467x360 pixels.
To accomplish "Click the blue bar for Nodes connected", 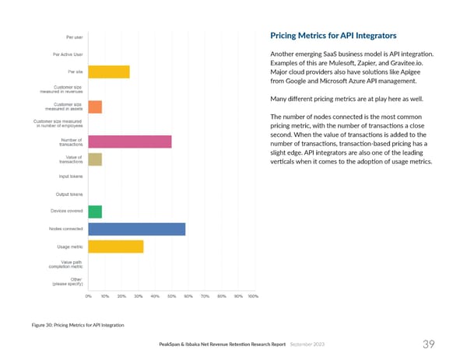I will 137,229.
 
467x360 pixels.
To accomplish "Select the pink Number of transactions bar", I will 130,142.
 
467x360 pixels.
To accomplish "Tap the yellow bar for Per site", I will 109,72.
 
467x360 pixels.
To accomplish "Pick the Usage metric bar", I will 116,246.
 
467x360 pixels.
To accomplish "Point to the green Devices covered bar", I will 95,211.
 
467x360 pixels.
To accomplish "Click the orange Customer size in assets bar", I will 95,107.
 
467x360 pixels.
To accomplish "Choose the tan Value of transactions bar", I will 95,159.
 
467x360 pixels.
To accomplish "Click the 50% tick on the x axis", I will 171,296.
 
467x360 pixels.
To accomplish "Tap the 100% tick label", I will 252,296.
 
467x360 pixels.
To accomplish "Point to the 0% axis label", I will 89,296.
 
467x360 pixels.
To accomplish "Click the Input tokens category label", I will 71,177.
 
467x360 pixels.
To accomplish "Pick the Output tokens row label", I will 70,194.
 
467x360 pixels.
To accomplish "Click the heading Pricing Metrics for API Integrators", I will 333,36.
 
